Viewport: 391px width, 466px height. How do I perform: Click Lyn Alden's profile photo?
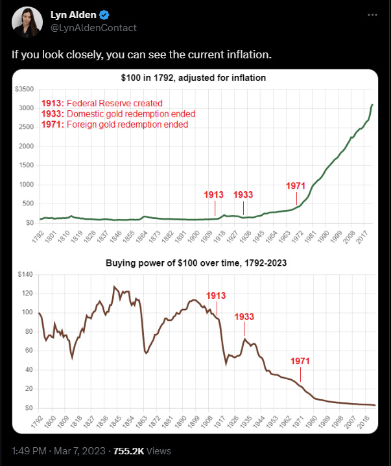(25, 21)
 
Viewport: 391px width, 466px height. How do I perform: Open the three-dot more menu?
(372, 15)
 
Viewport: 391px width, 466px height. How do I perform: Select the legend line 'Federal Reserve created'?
(102, 103)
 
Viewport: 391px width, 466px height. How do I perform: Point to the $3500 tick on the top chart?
(24, 88)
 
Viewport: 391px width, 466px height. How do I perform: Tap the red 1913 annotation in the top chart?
(214, 194)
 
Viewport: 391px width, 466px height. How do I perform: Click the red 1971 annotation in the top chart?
(296, 186)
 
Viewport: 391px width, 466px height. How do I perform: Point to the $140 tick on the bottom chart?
(25, 274)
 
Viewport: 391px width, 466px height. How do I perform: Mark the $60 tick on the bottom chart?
(26, 351)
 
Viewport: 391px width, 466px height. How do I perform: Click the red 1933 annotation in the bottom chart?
(244, 317)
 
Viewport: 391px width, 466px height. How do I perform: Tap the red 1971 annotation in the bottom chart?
(300, 360)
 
